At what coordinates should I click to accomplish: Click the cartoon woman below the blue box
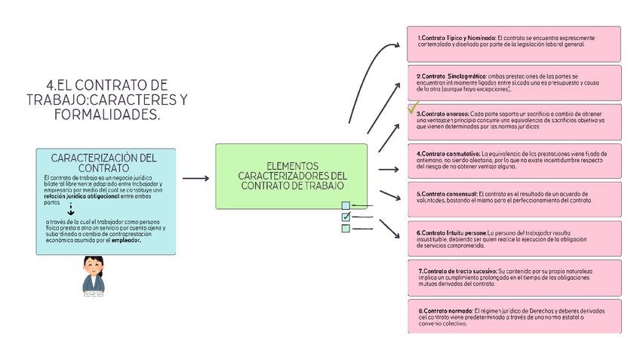pos(94,275)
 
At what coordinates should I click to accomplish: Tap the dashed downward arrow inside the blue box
pos(71,209)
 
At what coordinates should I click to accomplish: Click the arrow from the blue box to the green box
pos(195,179)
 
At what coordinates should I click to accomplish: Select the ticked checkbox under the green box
pos(346,217)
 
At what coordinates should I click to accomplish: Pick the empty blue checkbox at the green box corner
pos(346,205)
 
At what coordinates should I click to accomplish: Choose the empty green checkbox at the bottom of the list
pos(346,229)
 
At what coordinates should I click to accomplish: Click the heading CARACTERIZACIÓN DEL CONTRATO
pos(103,162)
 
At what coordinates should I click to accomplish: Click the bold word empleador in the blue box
pos(126,241)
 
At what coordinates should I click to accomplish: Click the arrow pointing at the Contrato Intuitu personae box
pos(389,228)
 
